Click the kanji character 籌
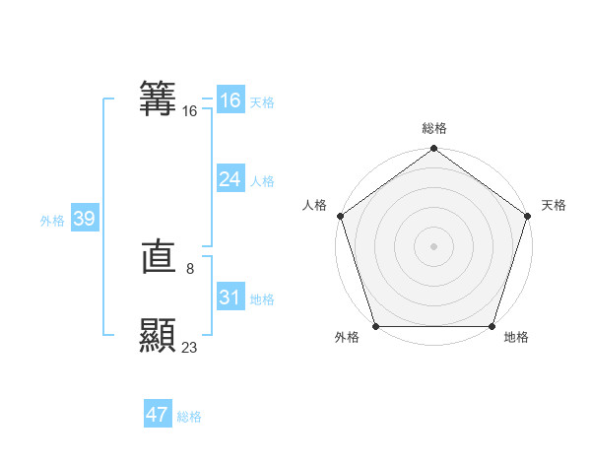click(x=159, y=99)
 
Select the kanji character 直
click(x=159, y=259)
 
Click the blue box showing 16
click(x=230, y=100)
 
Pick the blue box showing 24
click(x=230, y=179)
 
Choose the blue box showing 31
click(x=230, y=298)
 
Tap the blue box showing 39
click(x=84, y=219)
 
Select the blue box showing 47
click(x=158, y=415)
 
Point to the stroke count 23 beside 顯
click(x=190, y=347)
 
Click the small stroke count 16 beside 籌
click(x=190, y=111)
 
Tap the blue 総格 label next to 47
click(x=189, y=417)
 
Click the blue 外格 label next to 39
click(x=52, y=221)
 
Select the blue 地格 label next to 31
click(x=262, y=299)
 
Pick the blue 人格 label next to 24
click(x=262, y=181)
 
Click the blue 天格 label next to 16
click(x=262, y=102)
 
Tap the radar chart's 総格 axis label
click(x=434, y=128)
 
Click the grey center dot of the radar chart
click(x=434, y=245)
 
